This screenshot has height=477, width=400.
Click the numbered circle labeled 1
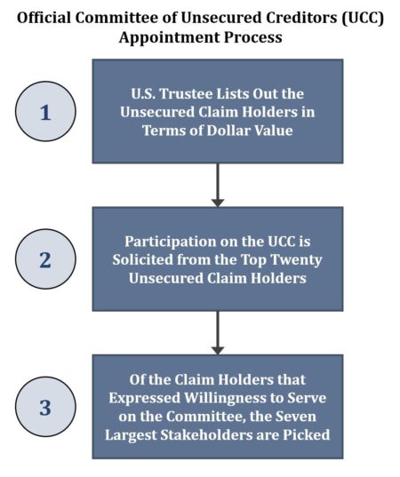pos(47,111)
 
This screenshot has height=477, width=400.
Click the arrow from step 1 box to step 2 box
pos(218,185)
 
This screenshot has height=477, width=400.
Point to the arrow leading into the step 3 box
pos(218,332)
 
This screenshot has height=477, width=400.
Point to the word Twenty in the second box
pos(296,259)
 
